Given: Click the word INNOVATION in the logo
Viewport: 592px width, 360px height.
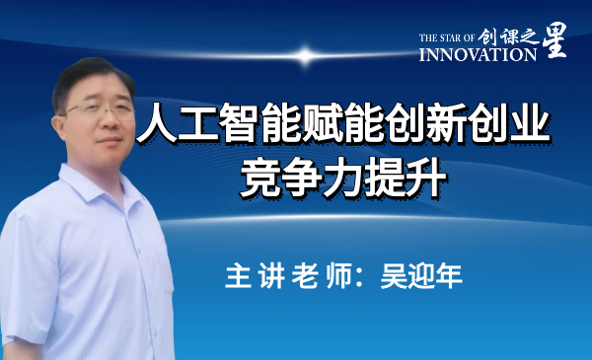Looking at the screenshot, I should pos(479,55).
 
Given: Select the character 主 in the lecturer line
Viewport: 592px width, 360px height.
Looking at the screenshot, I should pos(238,275).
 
